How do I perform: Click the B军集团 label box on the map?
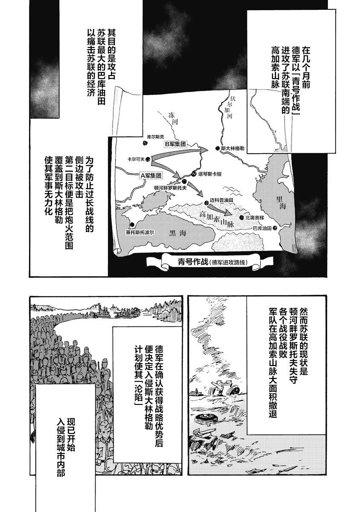(176, 144)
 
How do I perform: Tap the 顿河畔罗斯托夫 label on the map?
(169, 187)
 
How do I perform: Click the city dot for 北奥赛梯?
(242, 218)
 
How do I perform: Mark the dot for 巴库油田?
(275, 228)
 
